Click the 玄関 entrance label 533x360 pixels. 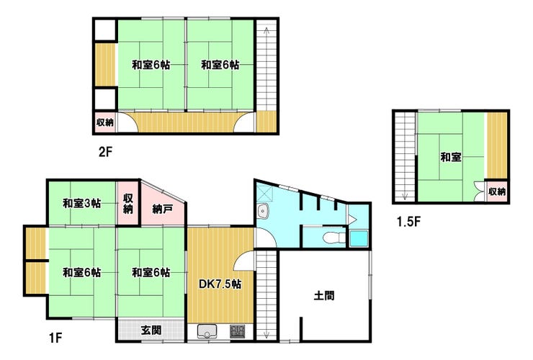click(151, 330)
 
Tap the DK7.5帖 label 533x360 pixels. click(220, 284)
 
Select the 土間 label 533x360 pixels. click(324, 295)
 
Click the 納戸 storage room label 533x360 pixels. click(163, 209)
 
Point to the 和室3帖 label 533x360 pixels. click(81, 203)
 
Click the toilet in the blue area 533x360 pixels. click(333, 237)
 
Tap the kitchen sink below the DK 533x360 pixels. click(207, 330)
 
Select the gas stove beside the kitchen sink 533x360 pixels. click(237, 331)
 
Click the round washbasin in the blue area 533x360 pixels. click(263, 212)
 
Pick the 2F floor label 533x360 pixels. click(105, 152)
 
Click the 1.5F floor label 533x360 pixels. click(408, 222)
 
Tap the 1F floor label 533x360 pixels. click(55, 338)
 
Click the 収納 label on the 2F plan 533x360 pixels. click(105, 122)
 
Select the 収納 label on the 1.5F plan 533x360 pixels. click(497, 192)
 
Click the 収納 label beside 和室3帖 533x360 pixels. click(127, 204)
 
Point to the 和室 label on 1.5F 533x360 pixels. click(451, 157)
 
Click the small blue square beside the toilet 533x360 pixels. click(359, 239)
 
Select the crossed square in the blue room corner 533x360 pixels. click(265, 193)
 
